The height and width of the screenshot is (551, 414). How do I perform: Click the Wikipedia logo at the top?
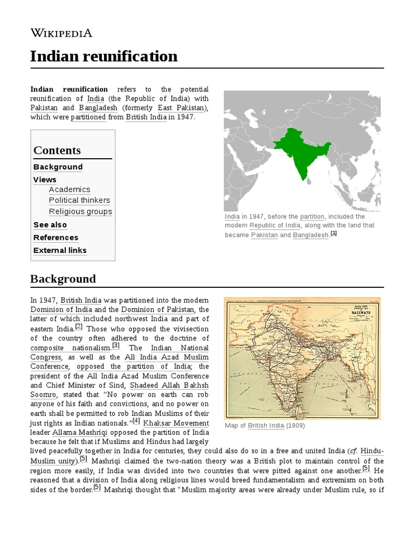61,33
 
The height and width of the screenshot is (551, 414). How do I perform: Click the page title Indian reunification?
103,56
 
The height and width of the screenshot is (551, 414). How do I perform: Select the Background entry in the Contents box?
58,167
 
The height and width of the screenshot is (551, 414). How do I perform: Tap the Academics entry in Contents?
70,189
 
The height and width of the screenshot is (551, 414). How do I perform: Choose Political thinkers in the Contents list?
79,200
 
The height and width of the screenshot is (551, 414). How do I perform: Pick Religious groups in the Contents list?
80,211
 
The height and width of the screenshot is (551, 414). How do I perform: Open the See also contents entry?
50,225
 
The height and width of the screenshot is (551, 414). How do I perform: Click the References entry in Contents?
56,237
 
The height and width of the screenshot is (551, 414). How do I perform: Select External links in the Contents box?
60,250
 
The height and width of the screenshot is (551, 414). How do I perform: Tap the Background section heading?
63,279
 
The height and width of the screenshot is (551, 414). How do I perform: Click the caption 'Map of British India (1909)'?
264,426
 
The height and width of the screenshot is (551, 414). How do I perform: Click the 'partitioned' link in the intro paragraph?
88,117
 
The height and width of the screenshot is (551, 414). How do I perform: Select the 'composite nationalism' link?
70,348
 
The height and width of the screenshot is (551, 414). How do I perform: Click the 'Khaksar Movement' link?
176,423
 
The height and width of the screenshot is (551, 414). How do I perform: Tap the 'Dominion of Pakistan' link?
157,309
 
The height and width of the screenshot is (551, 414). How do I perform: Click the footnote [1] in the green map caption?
334,234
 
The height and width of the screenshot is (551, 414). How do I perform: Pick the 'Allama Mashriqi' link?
75,433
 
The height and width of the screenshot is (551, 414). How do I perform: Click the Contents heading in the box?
57,150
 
